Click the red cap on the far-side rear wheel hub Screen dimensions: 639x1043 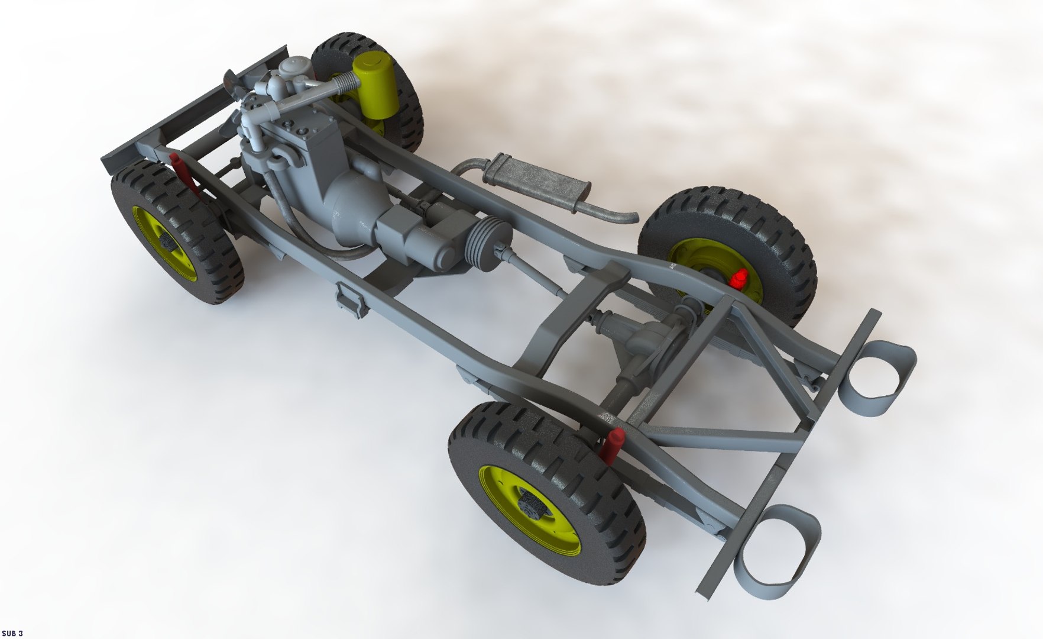point(738,277)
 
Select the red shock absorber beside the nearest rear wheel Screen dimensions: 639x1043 point(612,445)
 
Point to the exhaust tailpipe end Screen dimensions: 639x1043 point(629,218)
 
